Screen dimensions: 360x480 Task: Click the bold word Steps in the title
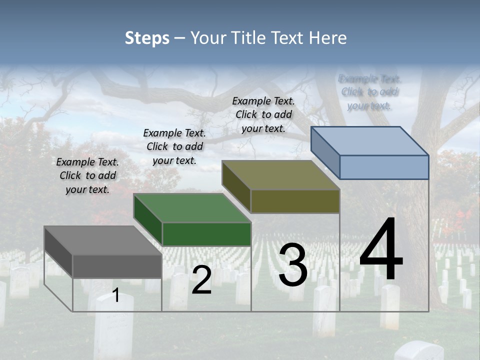[147, 38]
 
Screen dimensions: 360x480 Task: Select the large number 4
[381, 249]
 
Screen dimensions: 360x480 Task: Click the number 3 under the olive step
[293, 265]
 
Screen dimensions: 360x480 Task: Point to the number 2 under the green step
[201, 280]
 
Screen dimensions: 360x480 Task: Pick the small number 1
[116, 295]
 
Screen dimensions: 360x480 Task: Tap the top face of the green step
[192, 208]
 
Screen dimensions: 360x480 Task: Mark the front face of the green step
[206, 234]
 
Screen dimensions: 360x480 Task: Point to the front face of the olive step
[295, 201]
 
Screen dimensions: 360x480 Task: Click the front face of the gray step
[117, 266]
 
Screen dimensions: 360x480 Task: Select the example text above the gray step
[87, 175]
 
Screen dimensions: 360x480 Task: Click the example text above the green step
[174, 146]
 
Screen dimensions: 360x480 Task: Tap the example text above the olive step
[263, 114]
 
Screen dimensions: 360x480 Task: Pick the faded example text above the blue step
[369, 92]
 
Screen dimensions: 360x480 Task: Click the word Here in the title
[327, 38]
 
